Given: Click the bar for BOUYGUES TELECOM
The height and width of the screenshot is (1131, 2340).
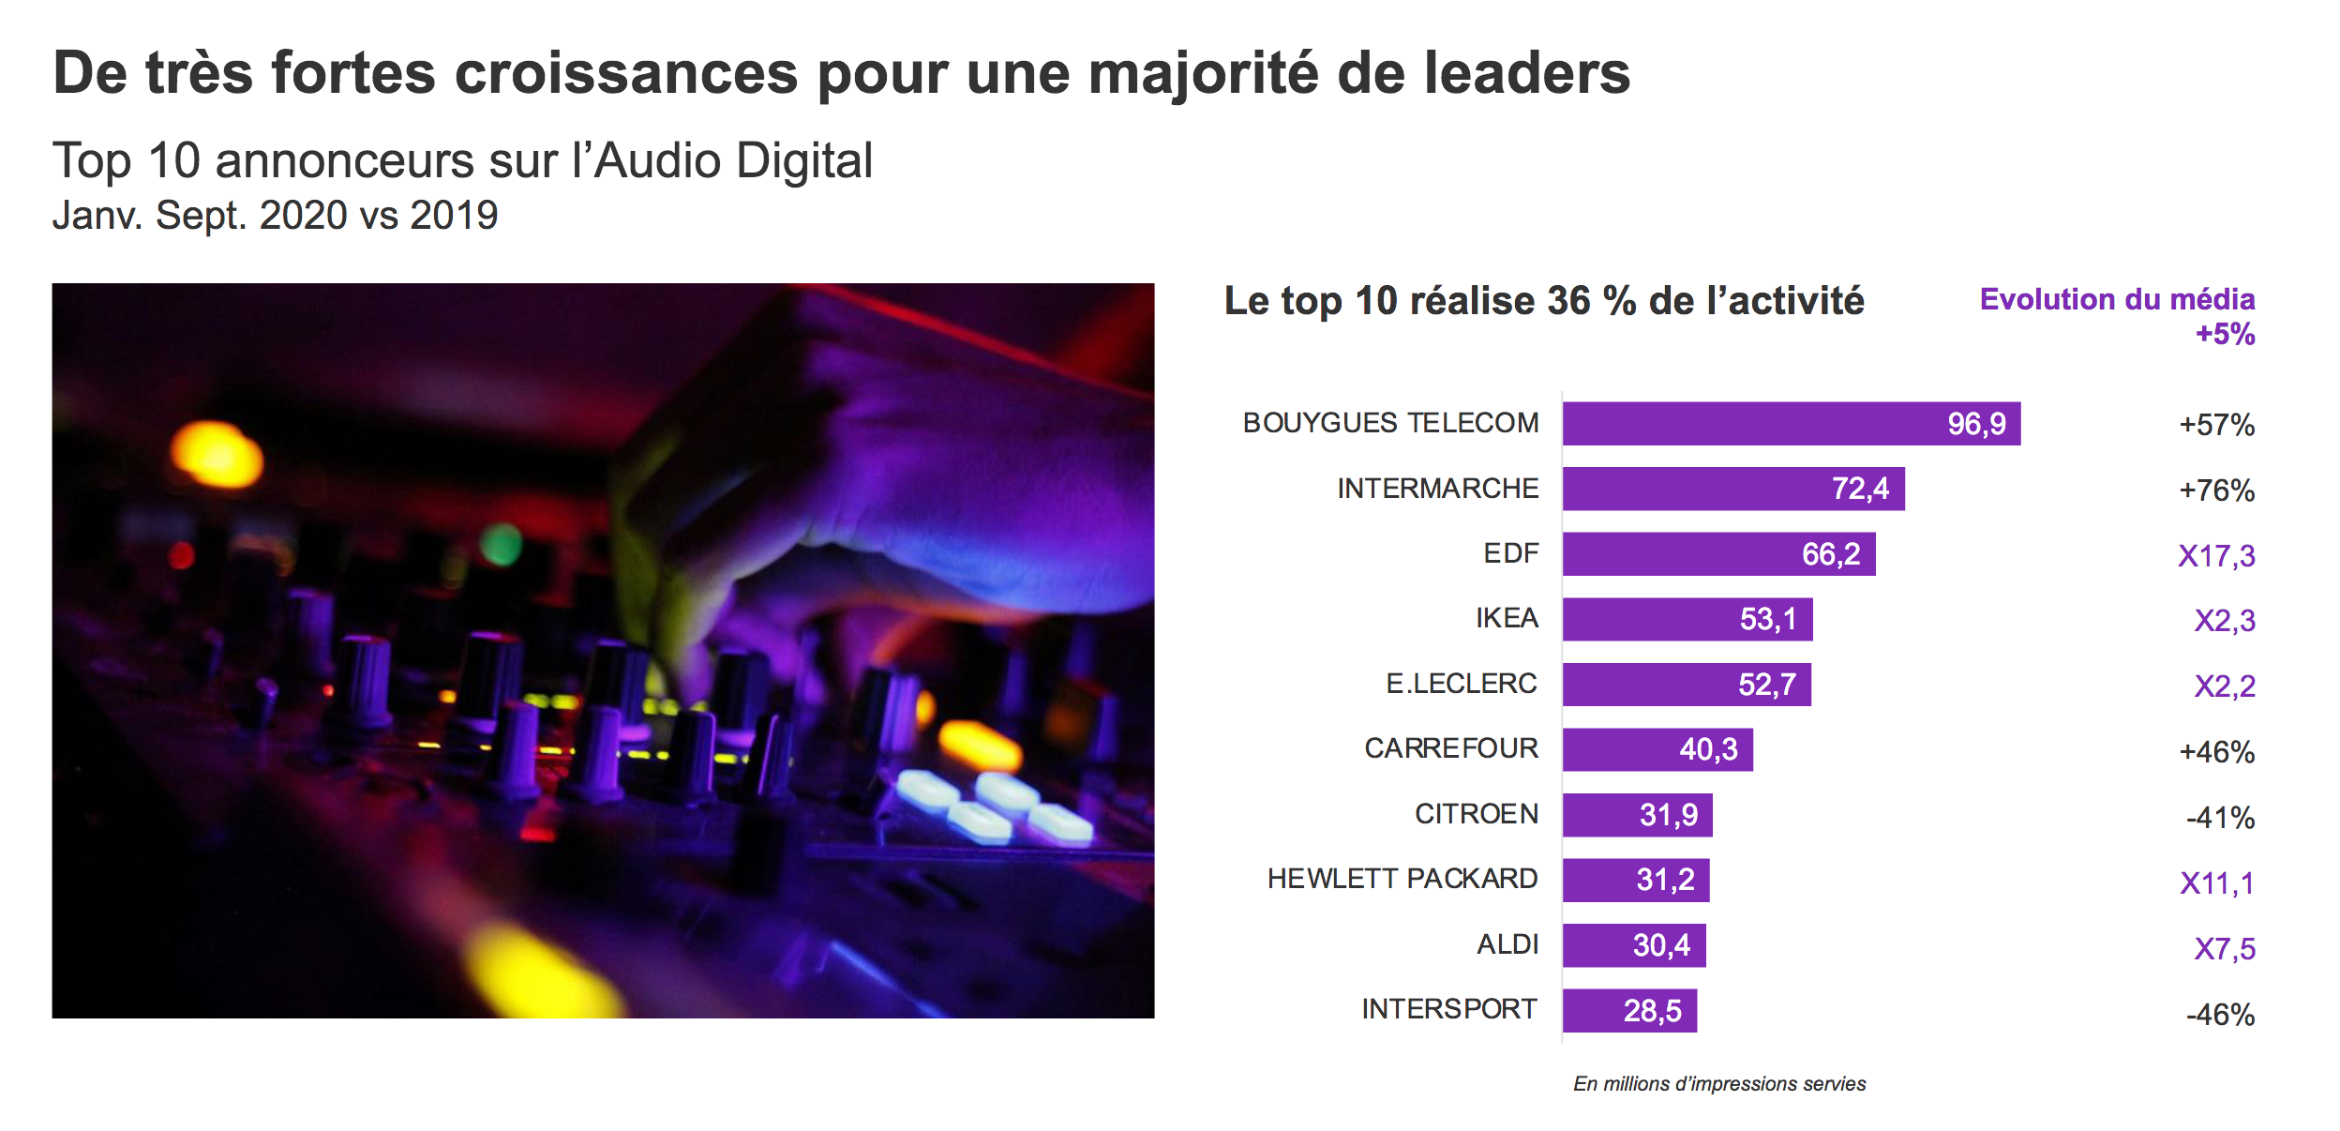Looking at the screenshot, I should click(x=1791, y=423).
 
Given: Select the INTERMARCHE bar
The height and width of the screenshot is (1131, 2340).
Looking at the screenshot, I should click(x=1732, y=489).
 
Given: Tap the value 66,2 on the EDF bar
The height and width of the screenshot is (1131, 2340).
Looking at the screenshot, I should click(x=1830, y=554).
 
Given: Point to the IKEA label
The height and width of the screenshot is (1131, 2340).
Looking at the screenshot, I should click(x=1507, y=618).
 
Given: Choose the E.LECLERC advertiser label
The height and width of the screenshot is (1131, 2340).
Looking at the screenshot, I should click(x=1462, y=684).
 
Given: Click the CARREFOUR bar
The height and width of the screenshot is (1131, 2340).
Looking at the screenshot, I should click(x=1657, y=749).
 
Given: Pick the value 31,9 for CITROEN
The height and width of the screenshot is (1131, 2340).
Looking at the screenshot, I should click(x=1668, y=815).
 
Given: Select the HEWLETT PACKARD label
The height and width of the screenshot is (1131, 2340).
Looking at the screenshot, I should click(x=1402, y=879).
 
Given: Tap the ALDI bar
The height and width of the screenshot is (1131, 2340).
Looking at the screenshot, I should click(x=1633, y=945).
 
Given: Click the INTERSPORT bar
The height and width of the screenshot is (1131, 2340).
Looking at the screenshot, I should click(x=1628, y=1010).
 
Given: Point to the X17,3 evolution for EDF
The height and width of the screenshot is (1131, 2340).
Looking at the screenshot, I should click(x=2216, y=556).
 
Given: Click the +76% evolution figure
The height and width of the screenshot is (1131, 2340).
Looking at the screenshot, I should click(x=2216, y=490).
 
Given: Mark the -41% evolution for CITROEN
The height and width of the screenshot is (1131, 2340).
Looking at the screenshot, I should click(x=2220, y=818).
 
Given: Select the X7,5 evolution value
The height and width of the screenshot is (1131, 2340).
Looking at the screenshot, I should click(x=2224, y=949).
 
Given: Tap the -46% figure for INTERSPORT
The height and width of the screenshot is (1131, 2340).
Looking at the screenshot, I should click(x=2220, y=1015).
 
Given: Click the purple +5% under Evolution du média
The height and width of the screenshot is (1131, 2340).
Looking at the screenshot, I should click(x=2225, y=334).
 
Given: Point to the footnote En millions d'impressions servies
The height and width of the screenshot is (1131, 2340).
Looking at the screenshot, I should click(x=1719, y=1084).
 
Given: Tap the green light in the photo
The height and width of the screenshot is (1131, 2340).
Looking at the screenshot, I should click(x=501, y=545).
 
